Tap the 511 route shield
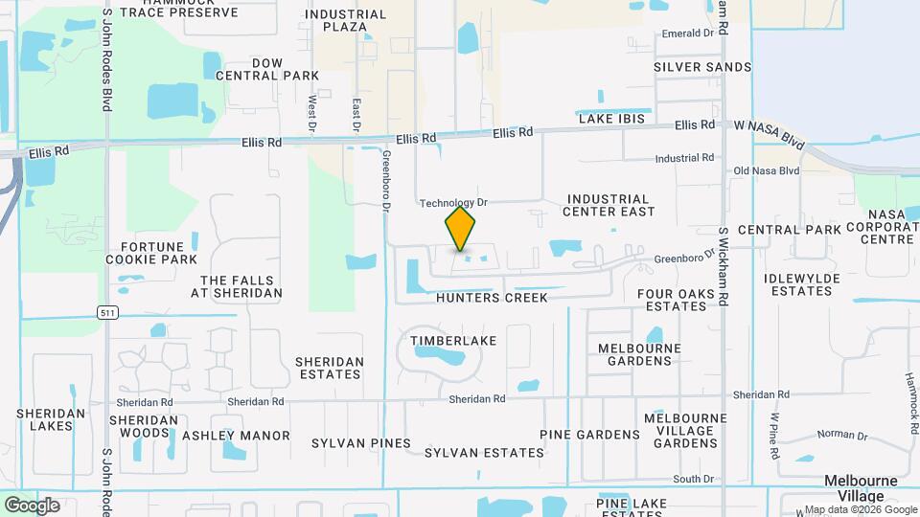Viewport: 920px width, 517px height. click(x=108, y=312)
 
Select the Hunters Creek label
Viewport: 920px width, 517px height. click(x=492, y=298)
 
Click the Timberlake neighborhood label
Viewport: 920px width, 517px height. click(x=444, y=340)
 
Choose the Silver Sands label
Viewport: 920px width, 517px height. click(x=702, y=67)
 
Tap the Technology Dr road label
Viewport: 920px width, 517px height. click(x=454, y=203)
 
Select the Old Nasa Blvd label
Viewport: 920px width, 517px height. click(x=766, y=170)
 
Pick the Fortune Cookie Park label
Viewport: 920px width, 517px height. click(x=159, y=253)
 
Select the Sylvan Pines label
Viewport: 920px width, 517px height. click(x=361, y=443)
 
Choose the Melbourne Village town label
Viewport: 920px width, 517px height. click(x=861, y=488)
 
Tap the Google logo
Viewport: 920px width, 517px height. click(x=32, y=506)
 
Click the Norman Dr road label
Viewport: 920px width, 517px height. click(x=843, y=435)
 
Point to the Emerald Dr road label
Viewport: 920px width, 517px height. click(x=689, y=33)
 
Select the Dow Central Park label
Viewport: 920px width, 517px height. click(x=266, y=69)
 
